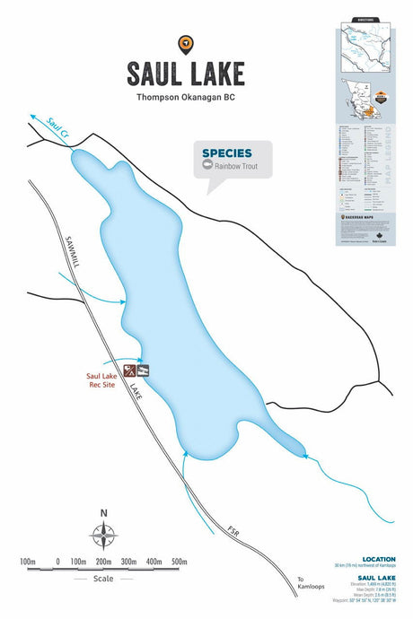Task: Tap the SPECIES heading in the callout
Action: click(226, 153)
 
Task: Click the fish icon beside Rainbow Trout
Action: click(208, 166)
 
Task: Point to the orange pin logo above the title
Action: click(185, 42)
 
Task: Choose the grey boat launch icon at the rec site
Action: click(143, 370)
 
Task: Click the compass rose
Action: click(104, 536)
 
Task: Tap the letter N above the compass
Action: click(104, 513)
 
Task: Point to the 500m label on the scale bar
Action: click(179, 562)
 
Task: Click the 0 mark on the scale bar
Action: click(57, 562)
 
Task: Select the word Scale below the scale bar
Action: click(103, 579)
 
